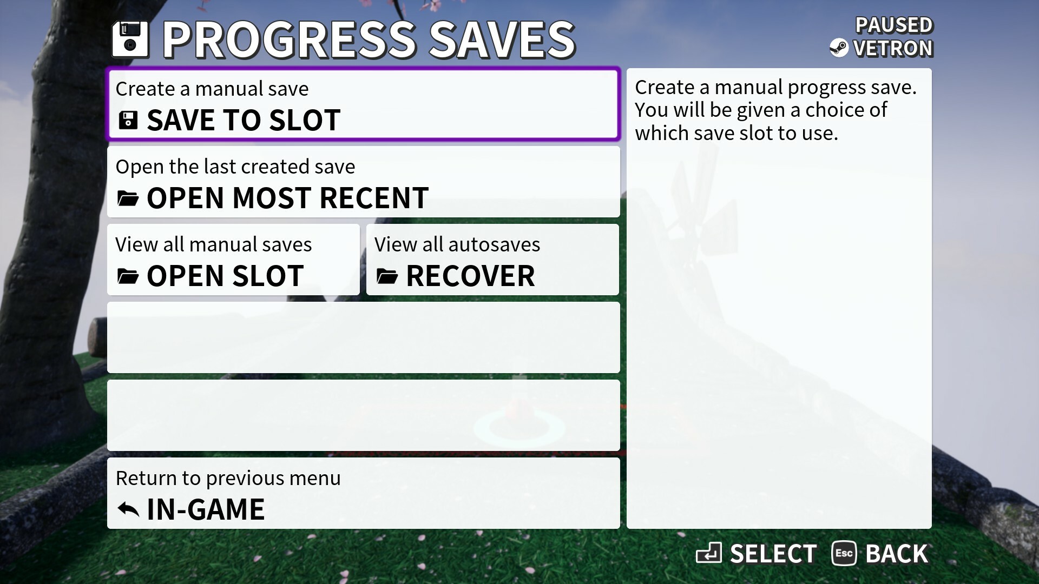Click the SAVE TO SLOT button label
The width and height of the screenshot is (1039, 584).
[244, 120]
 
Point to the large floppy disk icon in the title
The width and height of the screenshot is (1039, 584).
[130, 39]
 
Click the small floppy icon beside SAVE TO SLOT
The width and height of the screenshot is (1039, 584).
[128, 120]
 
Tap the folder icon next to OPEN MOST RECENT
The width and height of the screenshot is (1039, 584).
[128, 198]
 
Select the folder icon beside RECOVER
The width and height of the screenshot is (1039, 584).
[387, 276]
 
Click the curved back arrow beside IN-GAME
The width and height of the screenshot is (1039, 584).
[128, 509]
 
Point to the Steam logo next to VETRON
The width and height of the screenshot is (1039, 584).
[839, 48]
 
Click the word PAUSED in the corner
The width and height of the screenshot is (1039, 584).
[894, 25]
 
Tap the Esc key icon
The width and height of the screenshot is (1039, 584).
[844, 553]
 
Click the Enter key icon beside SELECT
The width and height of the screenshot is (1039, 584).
[709, 553]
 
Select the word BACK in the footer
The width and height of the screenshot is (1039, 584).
[897, 554]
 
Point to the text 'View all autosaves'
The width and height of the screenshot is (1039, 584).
[457, 244]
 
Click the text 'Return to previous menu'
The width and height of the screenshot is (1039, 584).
[228, 478]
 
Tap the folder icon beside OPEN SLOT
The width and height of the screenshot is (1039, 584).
[128, 276]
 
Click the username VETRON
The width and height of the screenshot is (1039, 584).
[893, 48]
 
